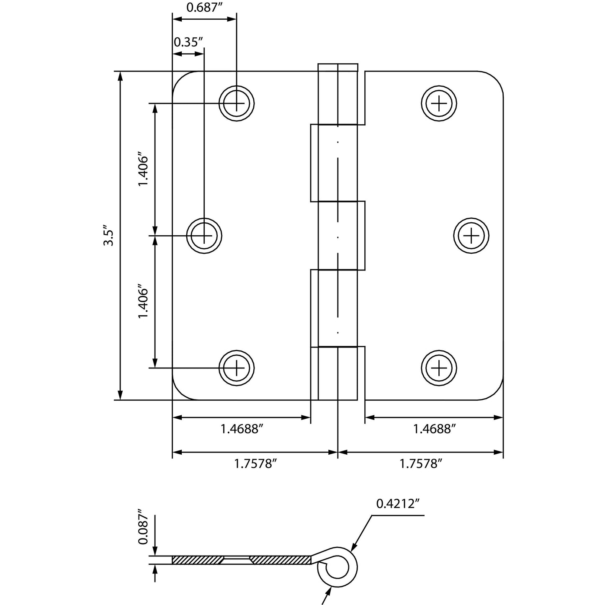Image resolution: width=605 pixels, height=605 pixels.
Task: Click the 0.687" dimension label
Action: [204, 8]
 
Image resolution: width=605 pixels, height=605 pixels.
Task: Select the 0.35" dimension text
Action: [188, 42]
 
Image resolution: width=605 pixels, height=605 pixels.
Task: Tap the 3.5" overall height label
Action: [108, 237]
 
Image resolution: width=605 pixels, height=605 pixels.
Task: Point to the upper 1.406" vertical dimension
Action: [144, 171]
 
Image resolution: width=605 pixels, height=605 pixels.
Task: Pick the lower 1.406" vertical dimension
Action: [144, 303]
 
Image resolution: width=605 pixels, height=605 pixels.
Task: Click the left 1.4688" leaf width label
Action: [242, 429]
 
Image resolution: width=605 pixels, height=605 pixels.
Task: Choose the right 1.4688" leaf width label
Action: [434, 429]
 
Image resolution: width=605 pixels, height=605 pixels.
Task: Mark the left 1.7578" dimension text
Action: [255, 463]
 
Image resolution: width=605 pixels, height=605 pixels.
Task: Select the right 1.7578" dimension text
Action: [421, 463]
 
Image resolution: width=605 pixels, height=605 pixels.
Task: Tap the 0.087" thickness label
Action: [144, 526]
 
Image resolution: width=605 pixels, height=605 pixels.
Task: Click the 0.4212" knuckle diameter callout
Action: [398, 504]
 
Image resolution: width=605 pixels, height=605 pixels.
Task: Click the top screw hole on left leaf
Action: [237, 103]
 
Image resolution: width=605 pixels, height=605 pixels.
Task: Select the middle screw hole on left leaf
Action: [204, 236]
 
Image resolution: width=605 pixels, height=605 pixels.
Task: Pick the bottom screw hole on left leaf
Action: [237, 368]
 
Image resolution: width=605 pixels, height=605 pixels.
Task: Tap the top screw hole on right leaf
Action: [439, 103]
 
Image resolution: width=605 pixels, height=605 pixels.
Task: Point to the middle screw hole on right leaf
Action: [471, 236]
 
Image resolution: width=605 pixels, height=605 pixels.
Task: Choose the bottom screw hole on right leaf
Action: [439, 368]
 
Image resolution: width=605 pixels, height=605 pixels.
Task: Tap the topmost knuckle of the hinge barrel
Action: [338, 94]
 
